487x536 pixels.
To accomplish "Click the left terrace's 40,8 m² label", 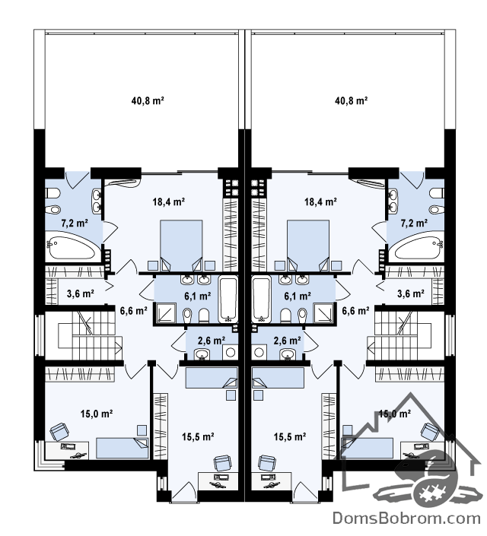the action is click(x=147, y=101).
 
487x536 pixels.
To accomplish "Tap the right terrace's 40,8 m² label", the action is click(x=351, y=101).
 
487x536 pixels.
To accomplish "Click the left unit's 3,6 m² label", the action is click(x=81, y=293).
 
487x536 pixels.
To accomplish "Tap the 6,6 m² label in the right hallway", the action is click(x=355, y=310).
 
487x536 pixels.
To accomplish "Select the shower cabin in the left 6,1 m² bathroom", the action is click(x=166, y=313).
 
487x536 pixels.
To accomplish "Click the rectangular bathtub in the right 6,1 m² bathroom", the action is click(x=261, y=300).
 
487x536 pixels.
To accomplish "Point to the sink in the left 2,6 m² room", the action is click(x=204, y=354).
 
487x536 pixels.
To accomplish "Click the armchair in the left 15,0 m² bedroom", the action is click(x=59, y=432).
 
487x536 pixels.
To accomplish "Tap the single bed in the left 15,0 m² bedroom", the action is click(x=123, y=448).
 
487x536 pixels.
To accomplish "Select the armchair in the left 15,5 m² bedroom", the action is click(x=222, y=463).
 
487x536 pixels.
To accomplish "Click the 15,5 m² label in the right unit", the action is click(x=289, y=436).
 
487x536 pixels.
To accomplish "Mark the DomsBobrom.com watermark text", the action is click(x=406, y=519).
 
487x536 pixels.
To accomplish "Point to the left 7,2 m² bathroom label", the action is click(x=75, y=224).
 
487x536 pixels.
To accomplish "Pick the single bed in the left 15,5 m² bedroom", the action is click(x=211, y=378).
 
